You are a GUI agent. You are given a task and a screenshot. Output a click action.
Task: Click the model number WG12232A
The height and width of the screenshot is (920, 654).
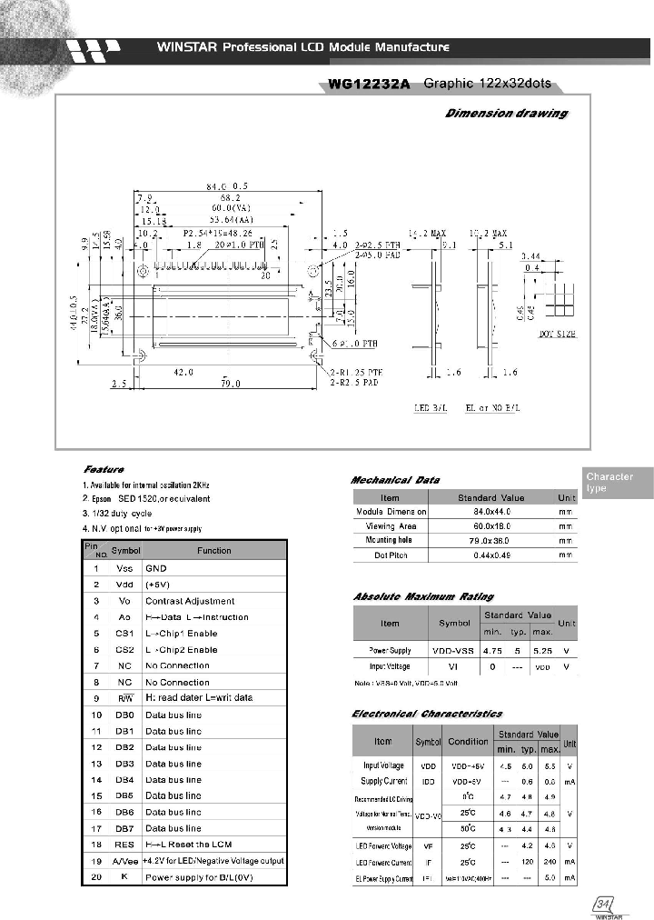(369, 85)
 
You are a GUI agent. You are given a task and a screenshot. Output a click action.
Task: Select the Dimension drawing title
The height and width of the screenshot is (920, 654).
(506, 114)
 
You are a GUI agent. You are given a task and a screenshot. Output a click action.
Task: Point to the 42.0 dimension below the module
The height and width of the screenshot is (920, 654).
(184, 372)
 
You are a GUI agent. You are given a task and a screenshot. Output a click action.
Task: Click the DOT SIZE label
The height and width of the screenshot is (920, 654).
(558, 335)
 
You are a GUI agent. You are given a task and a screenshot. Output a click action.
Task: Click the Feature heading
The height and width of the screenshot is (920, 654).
(104, 469)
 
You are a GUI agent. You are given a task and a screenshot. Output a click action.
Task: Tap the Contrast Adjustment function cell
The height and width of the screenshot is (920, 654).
(190, 601)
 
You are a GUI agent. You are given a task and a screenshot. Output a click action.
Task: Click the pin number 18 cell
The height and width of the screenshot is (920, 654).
(96, 845)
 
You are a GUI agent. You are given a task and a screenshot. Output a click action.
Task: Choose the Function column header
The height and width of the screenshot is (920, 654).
(214, 550)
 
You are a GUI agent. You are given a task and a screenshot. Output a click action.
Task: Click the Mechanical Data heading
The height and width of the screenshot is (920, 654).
(395, 479)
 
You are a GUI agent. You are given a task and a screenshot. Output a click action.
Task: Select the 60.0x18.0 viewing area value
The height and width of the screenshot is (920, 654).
(490, 525)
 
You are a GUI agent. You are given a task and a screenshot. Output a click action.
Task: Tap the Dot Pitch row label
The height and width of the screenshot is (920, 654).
(390, 554)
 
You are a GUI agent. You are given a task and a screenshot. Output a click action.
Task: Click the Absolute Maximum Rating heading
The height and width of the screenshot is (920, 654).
(422, 596)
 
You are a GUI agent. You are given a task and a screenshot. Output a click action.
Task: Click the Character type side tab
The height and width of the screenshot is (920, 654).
(609, 483)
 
